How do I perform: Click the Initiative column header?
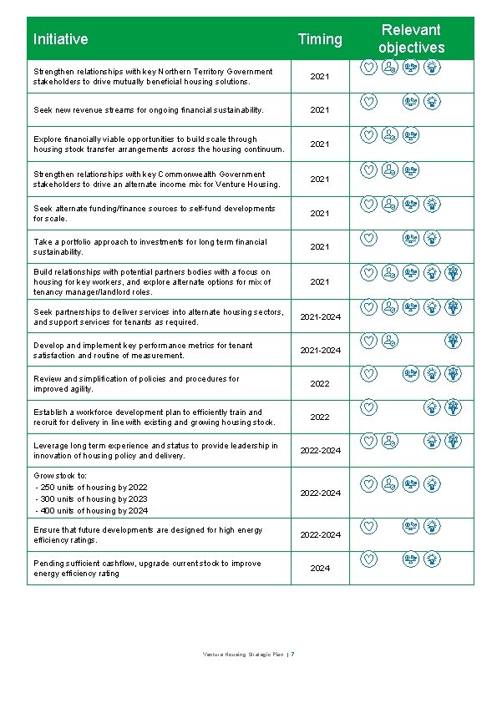[x=60, y=39]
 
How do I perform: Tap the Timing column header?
[x=320, y=39]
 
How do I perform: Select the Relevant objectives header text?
[x=411, y=39]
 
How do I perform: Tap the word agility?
[x=81, y=389]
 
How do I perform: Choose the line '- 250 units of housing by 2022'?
[x=91, y=487]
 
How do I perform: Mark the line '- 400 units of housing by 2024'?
[x=91, y=510]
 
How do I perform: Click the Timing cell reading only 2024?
[x=320, y=568]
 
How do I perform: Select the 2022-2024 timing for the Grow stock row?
[x=320, y=493]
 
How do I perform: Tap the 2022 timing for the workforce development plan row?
[x=320, y=417]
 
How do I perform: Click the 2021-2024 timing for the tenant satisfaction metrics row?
[x=320, y=350]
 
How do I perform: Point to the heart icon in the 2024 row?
[x=368, y=559]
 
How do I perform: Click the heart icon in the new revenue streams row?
[x=368, y=102]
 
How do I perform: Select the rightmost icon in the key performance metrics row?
[x=453, y=341]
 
